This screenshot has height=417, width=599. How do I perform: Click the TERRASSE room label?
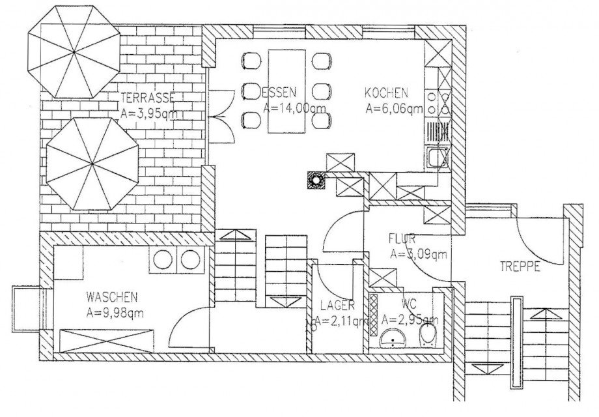pyautogui.click(x=147, y=98)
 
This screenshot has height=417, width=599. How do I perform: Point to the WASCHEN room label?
pyautogui.click(x=111, y=297)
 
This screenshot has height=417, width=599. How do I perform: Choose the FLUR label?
pyautogui.click(x=402, y=239)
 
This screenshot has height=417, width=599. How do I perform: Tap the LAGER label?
pyautogui.click(x=337, y=305)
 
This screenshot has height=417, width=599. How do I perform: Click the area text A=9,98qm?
pyautogui.click(x=115, y=313)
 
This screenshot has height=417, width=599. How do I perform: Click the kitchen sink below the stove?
pyautogui.click(x=436, y=158)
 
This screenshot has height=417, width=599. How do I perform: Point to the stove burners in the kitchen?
pyautogui.click(x=446, y=103)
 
